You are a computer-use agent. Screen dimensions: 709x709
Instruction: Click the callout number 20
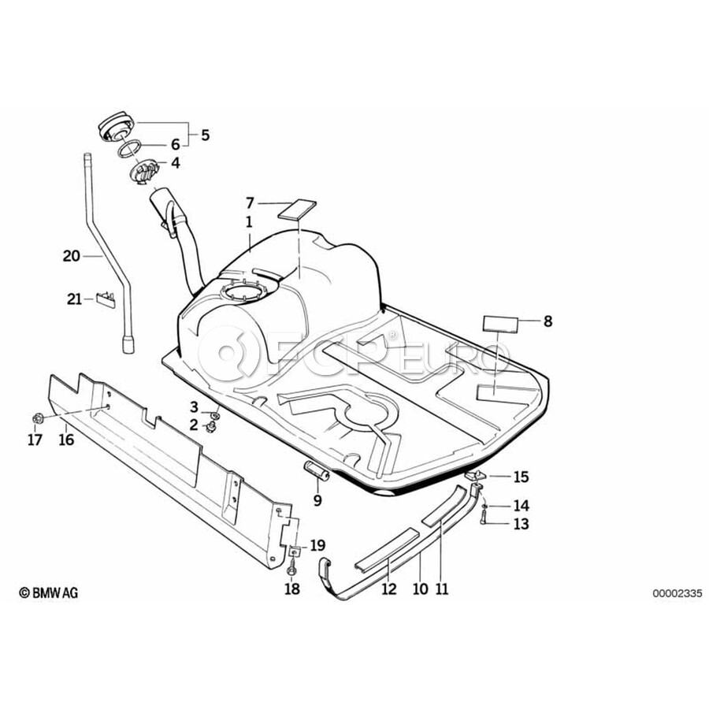72,256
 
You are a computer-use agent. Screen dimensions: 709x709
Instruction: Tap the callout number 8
548,321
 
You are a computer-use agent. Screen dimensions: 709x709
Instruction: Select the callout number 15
521,477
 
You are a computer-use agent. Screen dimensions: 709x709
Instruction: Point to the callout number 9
317,500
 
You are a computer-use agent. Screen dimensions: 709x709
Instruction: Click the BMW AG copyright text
48,592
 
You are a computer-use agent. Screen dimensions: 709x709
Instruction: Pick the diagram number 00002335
677,593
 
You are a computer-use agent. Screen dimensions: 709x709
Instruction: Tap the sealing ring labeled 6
130,149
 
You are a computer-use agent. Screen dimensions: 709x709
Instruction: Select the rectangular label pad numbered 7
297,210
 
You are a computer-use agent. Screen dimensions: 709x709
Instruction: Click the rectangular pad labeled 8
501,325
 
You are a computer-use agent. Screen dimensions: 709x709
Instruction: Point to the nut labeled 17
38,418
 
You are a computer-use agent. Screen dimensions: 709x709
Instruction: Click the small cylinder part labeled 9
317,471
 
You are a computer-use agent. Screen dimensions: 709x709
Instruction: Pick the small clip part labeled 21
106,299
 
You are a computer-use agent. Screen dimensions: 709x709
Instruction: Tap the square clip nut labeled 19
295,551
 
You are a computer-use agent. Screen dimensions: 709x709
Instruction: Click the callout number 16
66,439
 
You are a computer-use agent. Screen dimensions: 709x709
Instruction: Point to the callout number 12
389,589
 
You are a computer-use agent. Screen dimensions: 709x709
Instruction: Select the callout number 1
249,222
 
